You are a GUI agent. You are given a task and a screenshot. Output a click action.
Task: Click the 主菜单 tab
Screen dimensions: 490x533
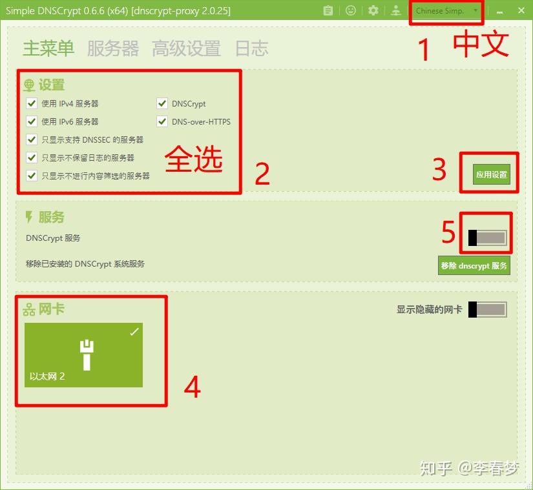(48, 48)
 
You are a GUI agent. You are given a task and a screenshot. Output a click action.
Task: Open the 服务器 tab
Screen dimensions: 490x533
(113, 48)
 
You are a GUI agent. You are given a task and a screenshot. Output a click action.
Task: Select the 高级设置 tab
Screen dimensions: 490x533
(186, 48)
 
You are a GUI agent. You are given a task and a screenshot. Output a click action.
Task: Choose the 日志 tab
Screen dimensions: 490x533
(251, 48)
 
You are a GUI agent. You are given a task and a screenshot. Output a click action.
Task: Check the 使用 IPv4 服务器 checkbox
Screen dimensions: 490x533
(32, 103)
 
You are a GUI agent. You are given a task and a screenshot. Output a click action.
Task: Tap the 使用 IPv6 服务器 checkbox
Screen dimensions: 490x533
(32, 121)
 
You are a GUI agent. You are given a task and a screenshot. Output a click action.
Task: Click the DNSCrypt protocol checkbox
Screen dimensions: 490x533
(162, 103)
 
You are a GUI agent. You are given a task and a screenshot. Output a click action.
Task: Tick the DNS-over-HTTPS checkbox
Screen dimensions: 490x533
(162, 121)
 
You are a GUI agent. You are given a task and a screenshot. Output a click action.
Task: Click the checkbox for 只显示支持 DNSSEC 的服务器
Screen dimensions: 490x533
(32, 139)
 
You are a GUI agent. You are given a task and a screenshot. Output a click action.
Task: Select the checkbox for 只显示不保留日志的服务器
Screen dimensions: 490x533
(32, 158)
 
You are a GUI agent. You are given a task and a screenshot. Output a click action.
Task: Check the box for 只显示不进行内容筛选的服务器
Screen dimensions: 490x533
(32, 176)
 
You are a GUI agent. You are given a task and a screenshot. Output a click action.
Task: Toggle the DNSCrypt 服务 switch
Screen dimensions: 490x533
(487, 238)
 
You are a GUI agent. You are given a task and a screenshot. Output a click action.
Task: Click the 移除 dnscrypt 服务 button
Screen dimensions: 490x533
(474, 265)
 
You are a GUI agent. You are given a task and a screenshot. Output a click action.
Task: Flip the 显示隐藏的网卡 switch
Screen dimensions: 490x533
(487, 310)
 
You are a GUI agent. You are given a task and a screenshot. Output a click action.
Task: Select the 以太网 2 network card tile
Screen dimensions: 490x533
(83, 355)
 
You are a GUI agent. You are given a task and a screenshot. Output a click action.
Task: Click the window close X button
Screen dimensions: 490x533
(521, 11)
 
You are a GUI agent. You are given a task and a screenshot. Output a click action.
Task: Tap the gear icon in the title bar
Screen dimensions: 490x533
(373, 11)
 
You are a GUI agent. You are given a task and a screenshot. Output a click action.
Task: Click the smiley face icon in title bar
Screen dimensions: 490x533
(351, 11)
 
